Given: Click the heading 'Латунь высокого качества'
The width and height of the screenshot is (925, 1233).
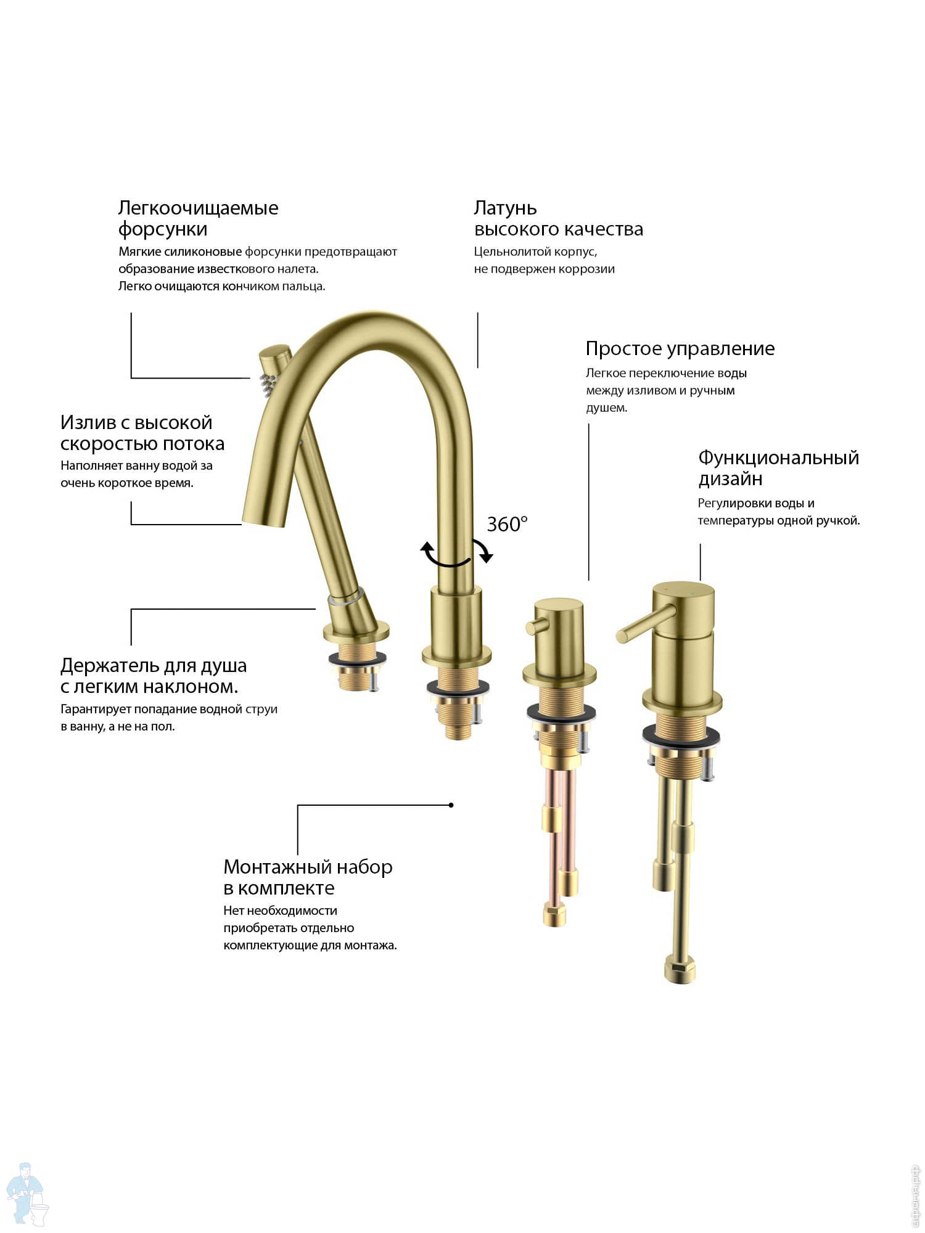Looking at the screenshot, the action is (558, 219).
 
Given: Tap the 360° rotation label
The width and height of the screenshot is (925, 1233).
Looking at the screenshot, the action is (507, 524).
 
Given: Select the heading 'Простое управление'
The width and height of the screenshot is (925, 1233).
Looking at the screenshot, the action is (680, 349).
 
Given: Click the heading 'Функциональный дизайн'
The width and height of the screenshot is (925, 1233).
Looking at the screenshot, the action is (778, 468).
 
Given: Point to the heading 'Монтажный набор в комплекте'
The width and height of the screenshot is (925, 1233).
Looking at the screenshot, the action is (308, 877).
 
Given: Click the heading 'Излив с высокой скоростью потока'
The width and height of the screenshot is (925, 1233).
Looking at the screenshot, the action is (142, 433).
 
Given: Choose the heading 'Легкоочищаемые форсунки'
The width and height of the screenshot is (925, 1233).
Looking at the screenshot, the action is (198, 218).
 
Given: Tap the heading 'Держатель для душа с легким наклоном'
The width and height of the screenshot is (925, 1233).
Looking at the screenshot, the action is (154, 676).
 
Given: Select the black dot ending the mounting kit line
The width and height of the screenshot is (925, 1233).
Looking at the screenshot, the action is (451, 805).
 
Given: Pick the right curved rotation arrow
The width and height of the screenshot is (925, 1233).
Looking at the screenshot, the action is (483, 551).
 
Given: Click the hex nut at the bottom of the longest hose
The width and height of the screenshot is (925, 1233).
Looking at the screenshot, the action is (680, 969).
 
